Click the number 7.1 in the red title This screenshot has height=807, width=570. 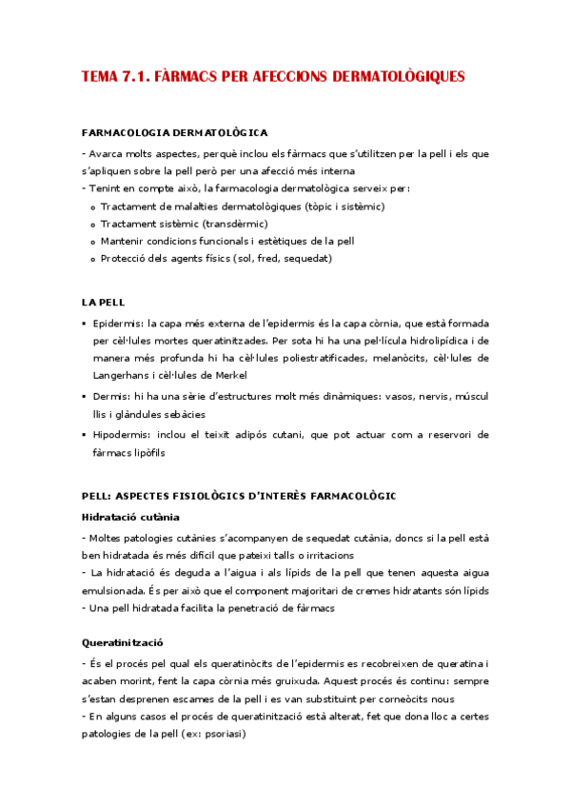point(137,76)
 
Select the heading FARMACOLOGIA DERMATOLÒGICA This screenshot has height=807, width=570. point(174,132)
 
